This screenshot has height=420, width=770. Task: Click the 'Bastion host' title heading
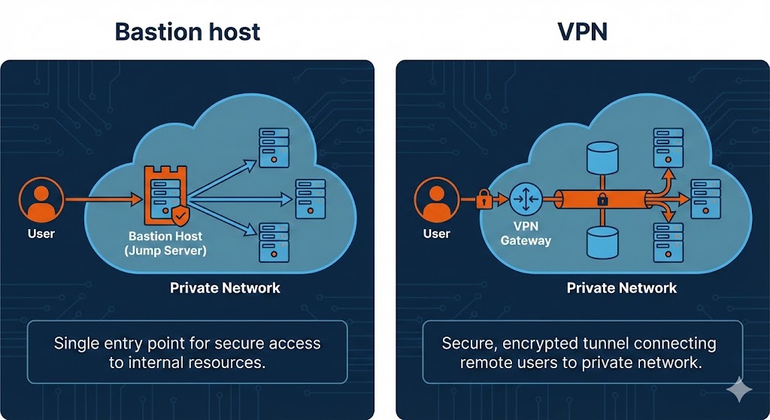click(187, 32)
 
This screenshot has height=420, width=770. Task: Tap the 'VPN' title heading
click(582, 32)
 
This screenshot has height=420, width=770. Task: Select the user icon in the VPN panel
click(435, 199)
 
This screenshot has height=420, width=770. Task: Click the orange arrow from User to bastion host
click(102, 199)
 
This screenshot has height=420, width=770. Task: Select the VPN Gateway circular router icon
click(524, 199)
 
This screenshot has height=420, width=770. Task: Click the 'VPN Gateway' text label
click(526, 233)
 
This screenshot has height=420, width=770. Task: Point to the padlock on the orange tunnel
click(602, 200)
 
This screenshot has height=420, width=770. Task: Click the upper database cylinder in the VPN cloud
click(602, 156)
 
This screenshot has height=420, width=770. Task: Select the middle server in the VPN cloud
click(705, 198)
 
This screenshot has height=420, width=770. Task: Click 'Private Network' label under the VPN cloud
click(621, 288)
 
